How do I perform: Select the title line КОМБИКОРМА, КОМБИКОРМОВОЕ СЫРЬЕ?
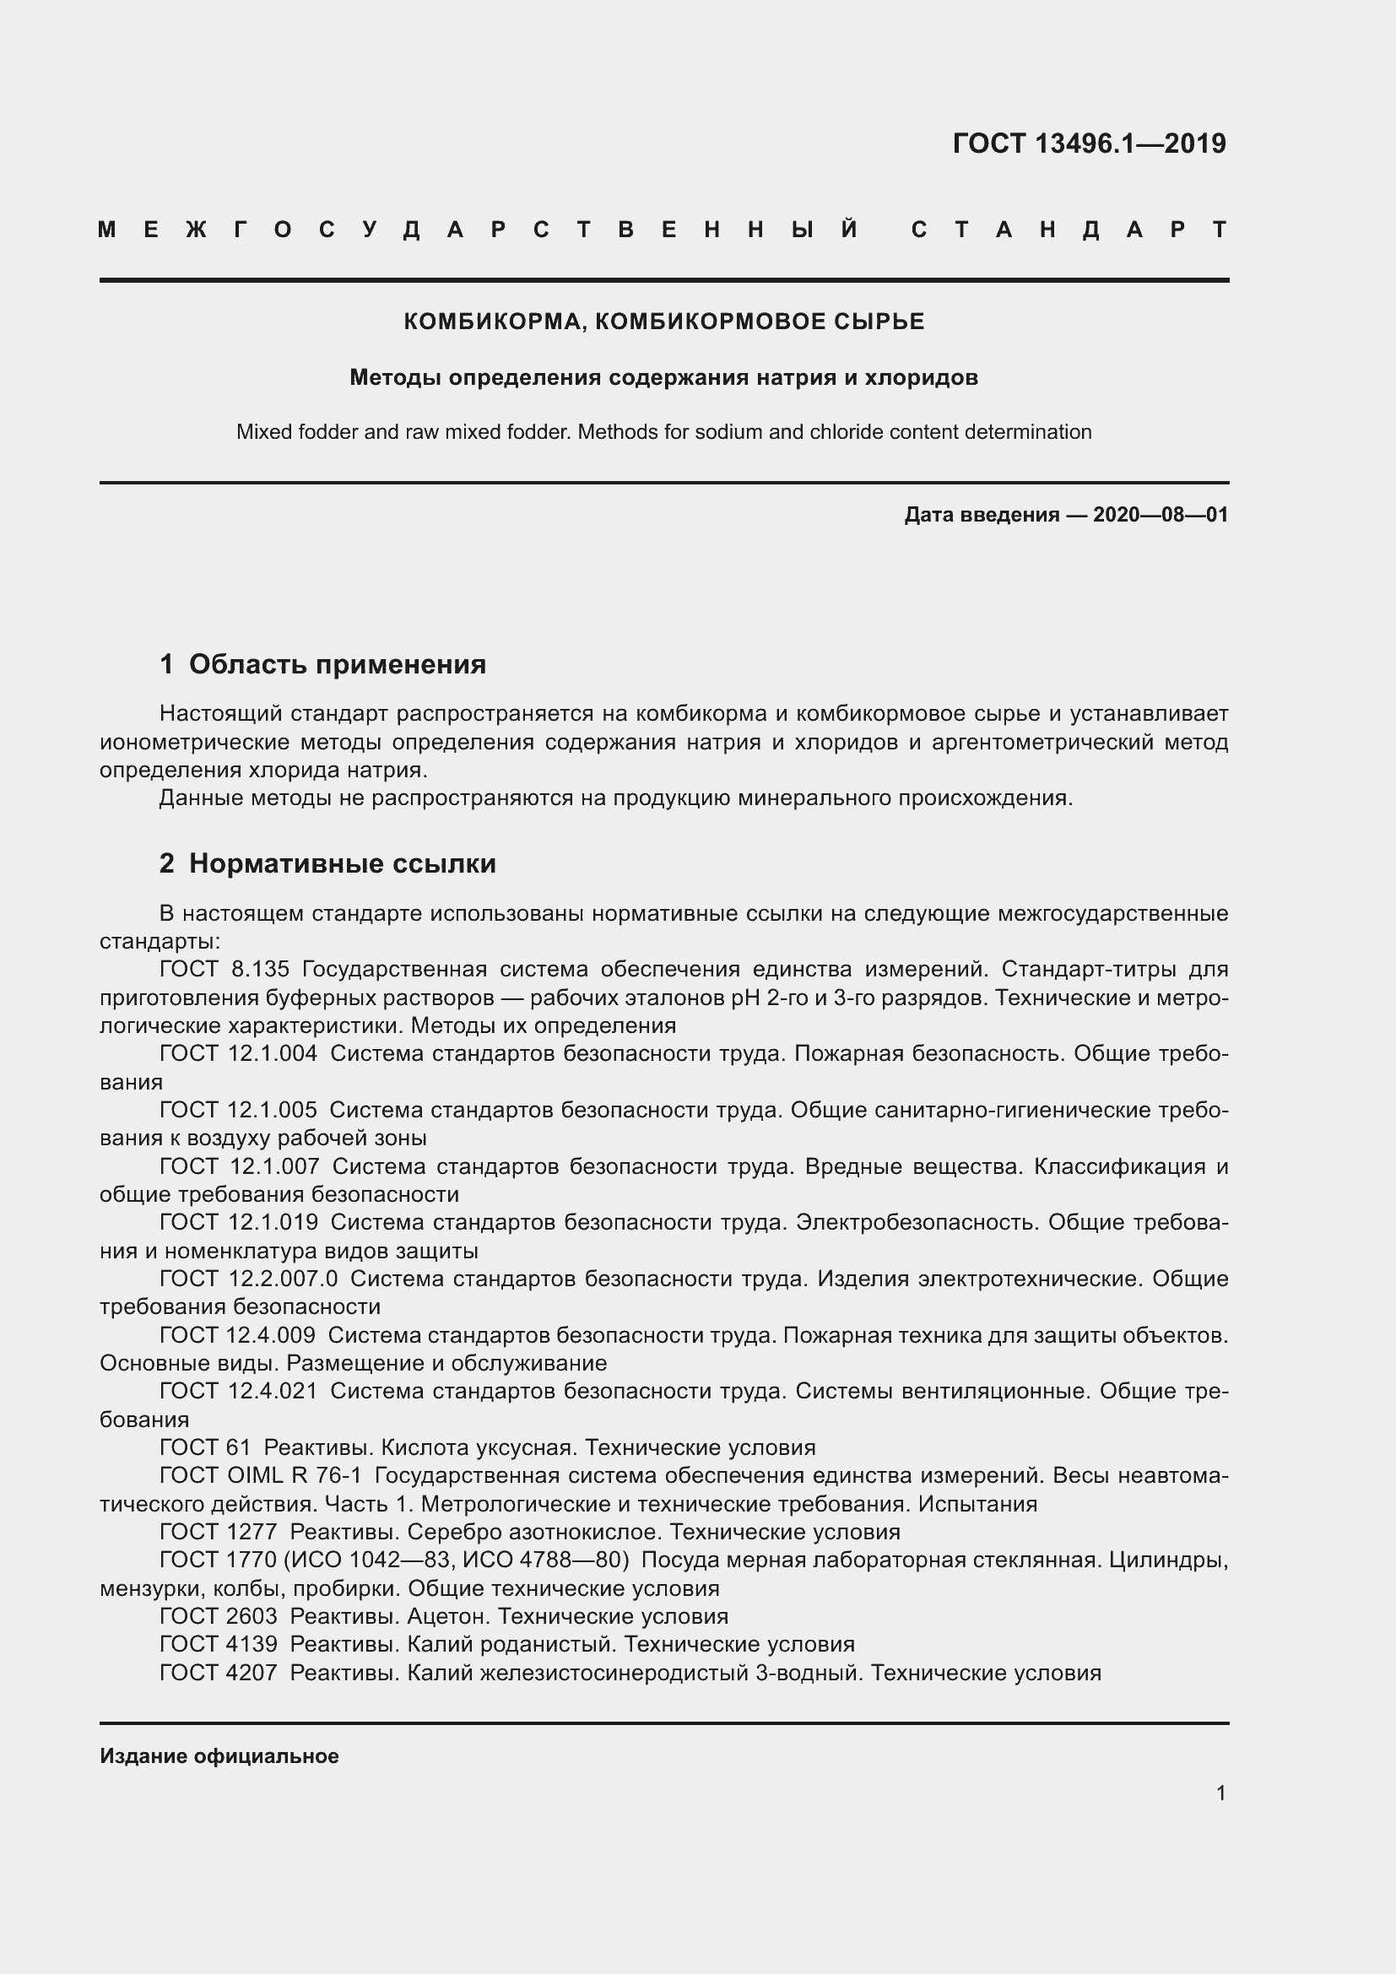(663, 322)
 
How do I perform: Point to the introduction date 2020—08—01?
(1160, 515)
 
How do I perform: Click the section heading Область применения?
(337, 663)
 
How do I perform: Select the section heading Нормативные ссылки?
(342, 863)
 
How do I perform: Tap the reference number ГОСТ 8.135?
(225, 969)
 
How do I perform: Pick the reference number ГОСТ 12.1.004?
(238, 1053)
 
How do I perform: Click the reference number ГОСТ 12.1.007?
(239, 1165)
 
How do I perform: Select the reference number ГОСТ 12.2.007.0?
(248, 1279)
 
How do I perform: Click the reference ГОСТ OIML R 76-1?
(261, 1475)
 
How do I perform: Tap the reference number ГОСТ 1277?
(219, 1531)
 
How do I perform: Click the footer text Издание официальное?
(219, 1756)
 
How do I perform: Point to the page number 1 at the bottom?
(1220, 1793)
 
